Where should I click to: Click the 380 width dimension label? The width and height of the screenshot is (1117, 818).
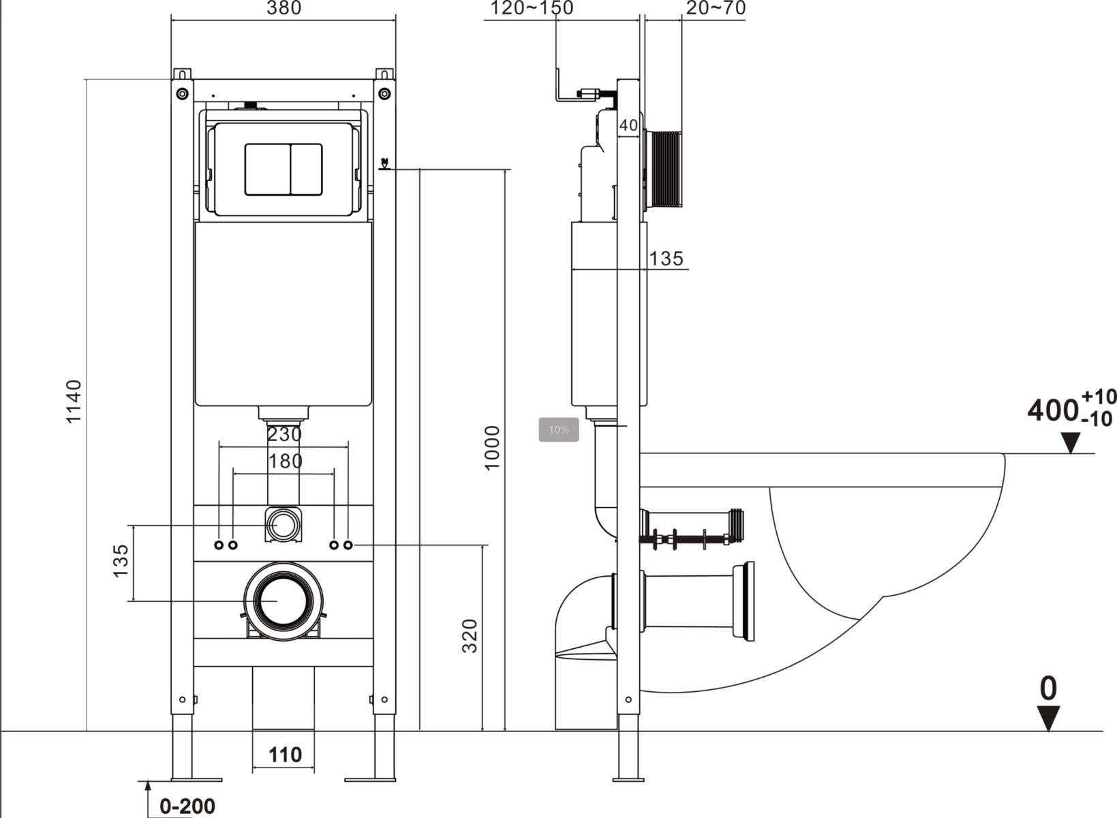[284, 8]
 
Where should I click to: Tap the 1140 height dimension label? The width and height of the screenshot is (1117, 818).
[74, 402]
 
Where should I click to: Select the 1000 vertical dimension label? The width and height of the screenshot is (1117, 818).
[492, 447]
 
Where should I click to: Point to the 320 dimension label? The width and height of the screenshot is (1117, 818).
[470, 635]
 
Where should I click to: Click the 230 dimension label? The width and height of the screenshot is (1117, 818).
[284, 434]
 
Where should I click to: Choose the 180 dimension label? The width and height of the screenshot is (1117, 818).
[285, 461]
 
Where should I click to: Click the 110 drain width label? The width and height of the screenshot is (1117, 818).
[284, 755]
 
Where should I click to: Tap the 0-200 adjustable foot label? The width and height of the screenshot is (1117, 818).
[187, 806]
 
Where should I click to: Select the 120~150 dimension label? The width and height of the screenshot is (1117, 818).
[532, 8]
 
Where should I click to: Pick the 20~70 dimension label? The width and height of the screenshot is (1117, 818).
[716, 8]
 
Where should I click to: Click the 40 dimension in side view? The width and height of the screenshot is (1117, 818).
[628, 125]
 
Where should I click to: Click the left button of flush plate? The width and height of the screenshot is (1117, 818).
[268, 169]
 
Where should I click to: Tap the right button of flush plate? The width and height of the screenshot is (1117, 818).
[307, 169]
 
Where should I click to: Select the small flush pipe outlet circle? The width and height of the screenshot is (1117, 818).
[282, 525]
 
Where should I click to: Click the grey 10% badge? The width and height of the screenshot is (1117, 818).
[559, 429]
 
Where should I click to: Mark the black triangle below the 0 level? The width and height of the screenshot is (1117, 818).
[1048, 718]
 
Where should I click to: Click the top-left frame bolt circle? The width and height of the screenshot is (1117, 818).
[182, 93]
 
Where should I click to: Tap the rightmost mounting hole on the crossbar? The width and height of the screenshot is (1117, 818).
[348, 545]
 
